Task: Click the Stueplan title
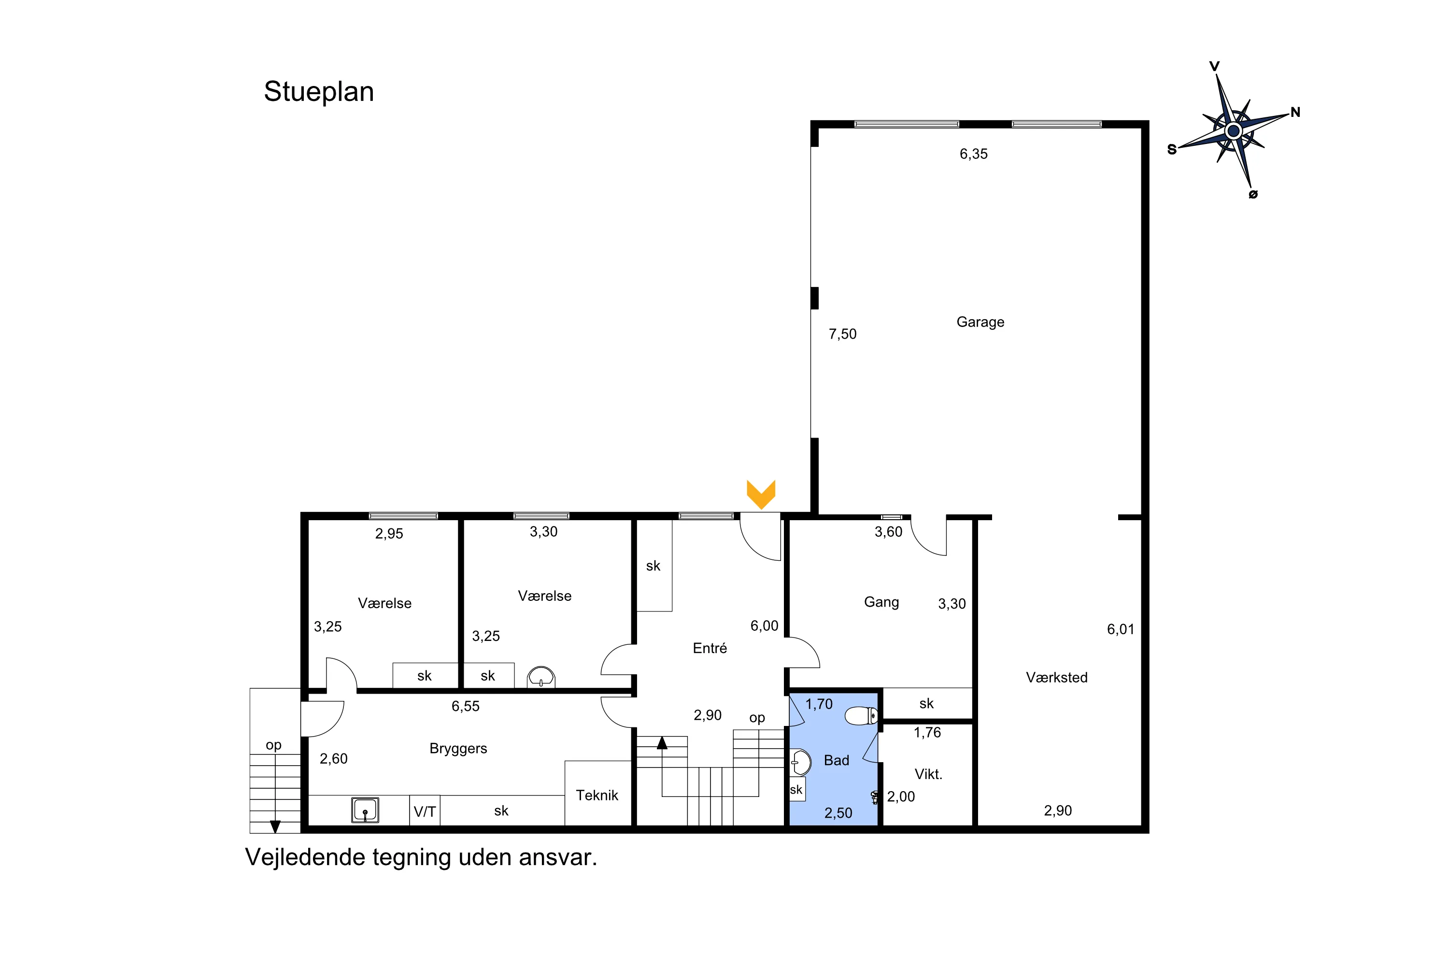[318, 92]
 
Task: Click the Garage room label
[980, 322]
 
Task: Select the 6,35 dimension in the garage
[973, 154]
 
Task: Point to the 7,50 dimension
[842, 334]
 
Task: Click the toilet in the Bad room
[861, 716]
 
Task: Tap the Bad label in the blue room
[837, 760]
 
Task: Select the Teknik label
[597, 796]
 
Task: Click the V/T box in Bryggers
[425, 811]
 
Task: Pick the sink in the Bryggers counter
[365, 810]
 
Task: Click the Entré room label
[710, 648]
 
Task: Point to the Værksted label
[1057, 678]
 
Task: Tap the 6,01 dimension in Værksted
[1120, 629]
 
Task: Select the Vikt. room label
[928, 774]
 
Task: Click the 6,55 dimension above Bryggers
[465, 706]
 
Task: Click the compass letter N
[1295, 112]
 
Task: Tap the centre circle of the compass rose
[1234, 130]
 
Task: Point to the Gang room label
[881, 602]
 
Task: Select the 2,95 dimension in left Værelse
[389, 534]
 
